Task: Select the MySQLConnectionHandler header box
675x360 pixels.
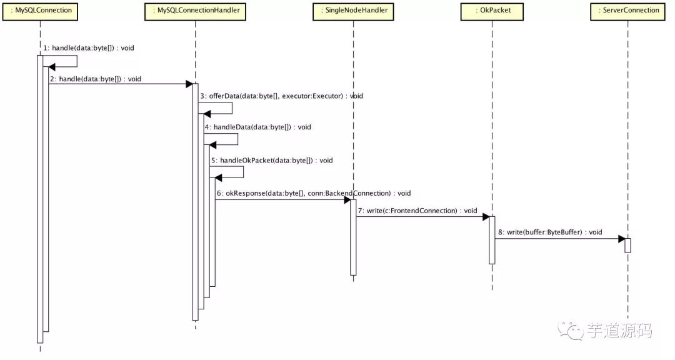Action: point(195,11)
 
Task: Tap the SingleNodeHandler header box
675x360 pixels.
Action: point(352,11)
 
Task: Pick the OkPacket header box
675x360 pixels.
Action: point(491,11)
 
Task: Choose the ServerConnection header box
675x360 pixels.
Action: point(627,11)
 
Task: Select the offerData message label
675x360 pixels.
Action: point(281,96)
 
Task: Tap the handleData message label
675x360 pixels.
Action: point(257,127)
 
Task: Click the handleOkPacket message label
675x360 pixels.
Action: point(271,161)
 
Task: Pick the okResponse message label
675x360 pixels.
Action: point(314,194)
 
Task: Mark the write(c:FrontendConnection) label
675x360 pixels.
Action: point(417,211)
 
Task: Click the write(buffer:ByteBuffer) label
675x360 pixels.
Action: point(550,232)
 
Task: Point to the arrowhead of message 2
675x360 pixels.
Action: point(189,84)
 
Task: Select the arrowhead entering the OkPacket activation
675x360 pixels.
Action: point(485,217)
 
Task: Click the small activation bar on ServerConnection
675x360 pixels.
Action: point(627,245)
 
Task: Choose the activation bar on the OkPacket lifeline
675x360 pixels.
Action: point(491,240)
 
